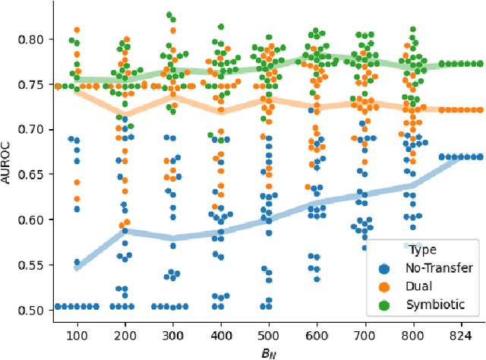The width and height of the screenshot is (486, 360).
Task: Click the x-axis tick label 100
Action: (76, 334)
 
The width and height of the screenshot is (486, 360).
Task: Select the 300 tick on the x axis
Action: (171, 334)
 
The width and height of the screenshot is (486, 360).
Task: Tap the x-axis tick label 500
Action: (267, 334)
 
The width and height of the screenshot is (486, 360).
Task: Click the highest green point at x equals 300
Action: (169, 15)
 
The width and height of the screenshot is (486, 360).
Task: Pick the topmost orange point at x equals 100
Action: (77, 30)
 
